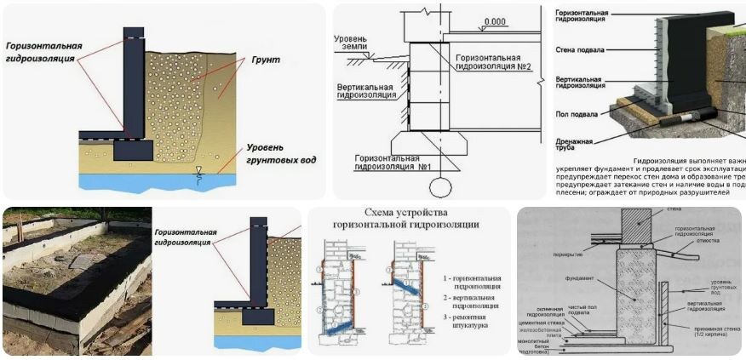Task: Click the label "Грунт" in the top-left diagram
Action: coord(265,61)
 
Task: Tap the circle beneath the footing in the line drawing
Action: coord(439,187)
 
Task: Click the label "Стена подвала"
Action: coord(580,50)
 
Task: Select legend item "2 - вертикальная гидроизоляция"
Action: coord(472,304)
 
